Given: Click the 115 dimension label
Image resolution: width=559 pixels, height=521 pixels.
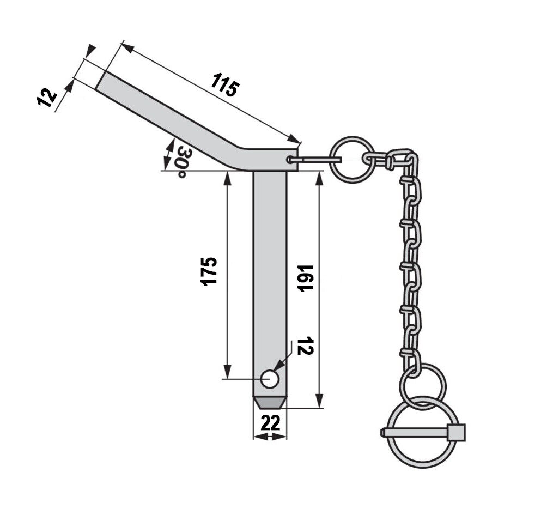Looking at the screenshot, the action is (225, 85).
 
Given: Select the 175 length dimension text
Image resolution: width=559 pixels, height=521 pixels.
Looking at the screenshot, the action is (209, 271).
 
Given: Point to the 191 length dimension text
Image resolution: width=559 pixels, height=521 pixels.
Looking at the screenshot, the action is (306, 278).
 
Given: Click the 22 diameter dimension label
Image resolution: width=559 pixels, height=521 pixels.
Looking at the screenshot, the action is (270, 423).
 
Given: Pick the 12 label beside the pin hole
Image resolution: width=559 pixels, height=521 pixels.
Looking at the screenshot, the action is (305, 345).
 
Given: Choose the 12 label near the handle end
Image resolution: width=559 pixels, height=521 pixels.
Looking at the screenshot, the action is (47, 98).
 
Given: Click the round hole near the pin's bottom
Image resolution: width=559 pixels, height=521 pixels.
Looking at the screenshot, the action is (270, 379).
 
